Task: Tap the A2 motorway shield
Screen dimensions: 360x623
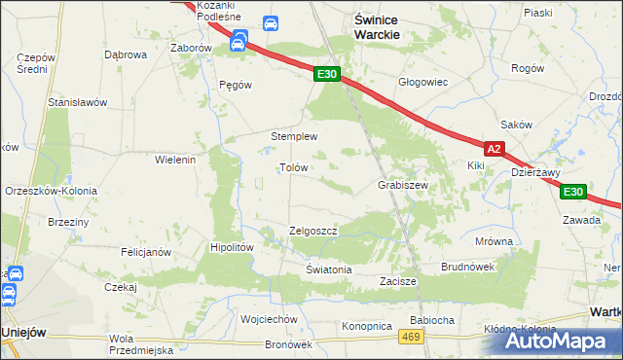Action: point(495,149)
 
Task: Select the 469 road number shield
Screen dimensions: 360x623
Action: point(411,336)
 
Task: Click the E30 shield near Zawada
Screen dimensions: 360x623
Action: point(573,192)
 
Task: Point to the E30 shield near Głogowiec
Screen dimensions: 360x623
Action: point(327,74)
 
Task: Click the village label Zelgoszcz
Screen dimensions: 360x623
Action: point(312,231)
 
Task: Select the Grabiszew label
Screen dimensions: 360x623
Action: point(403,184)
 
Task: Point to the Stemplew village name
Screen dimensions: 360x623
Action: point(294,136)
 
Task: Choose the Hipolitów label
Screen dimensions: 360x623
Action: point(232,247)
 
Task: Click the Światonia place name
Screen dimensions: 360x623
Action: point(328,269)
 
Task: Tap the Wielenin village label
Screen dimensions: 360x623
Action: point(176,159)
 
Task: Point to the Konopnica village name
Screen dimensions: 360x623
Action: point(366,325)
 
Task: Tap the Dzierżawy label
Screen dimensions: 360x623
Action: point(535,172)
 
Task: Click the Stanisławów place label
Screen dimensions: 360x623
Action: point(77,101)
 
